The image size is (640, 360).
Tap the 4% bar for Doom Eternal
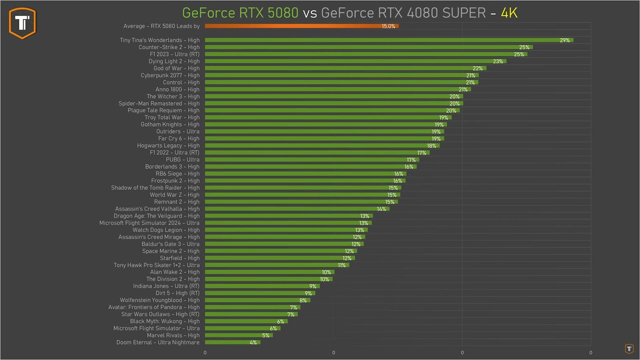(232, 342)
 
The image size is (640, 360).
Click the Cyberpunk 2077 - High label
(170, 75)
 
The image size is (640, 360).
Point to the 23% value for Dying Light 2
(498, 62)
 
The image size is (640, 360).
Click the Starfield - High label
(180, 258)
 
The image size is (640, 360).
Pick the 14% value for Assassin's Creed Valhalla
(381, 209)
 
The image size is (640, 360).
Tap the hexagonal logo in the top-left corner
(22, 23)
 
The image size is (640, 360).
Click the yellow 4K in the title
(509, 13)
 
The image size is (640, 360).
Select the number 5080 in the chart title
(283, 13)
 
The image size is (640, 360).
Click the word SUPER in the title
(464, 13)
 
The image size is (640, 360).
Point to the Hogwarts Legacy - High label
(168, 146)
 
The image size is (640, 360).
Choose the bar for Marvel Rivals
(238, 335)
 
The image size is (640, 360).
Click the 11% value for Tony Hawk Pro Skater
(342, 265)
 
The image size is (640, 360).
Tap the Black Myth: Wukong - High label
(164, 321)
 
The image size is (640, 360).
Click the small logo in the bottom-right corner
(629, 349)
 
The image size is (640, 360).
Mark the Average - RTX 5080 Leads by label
(161, 26)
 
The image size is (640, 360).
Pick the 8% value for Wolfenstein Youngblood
(303, 300)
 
